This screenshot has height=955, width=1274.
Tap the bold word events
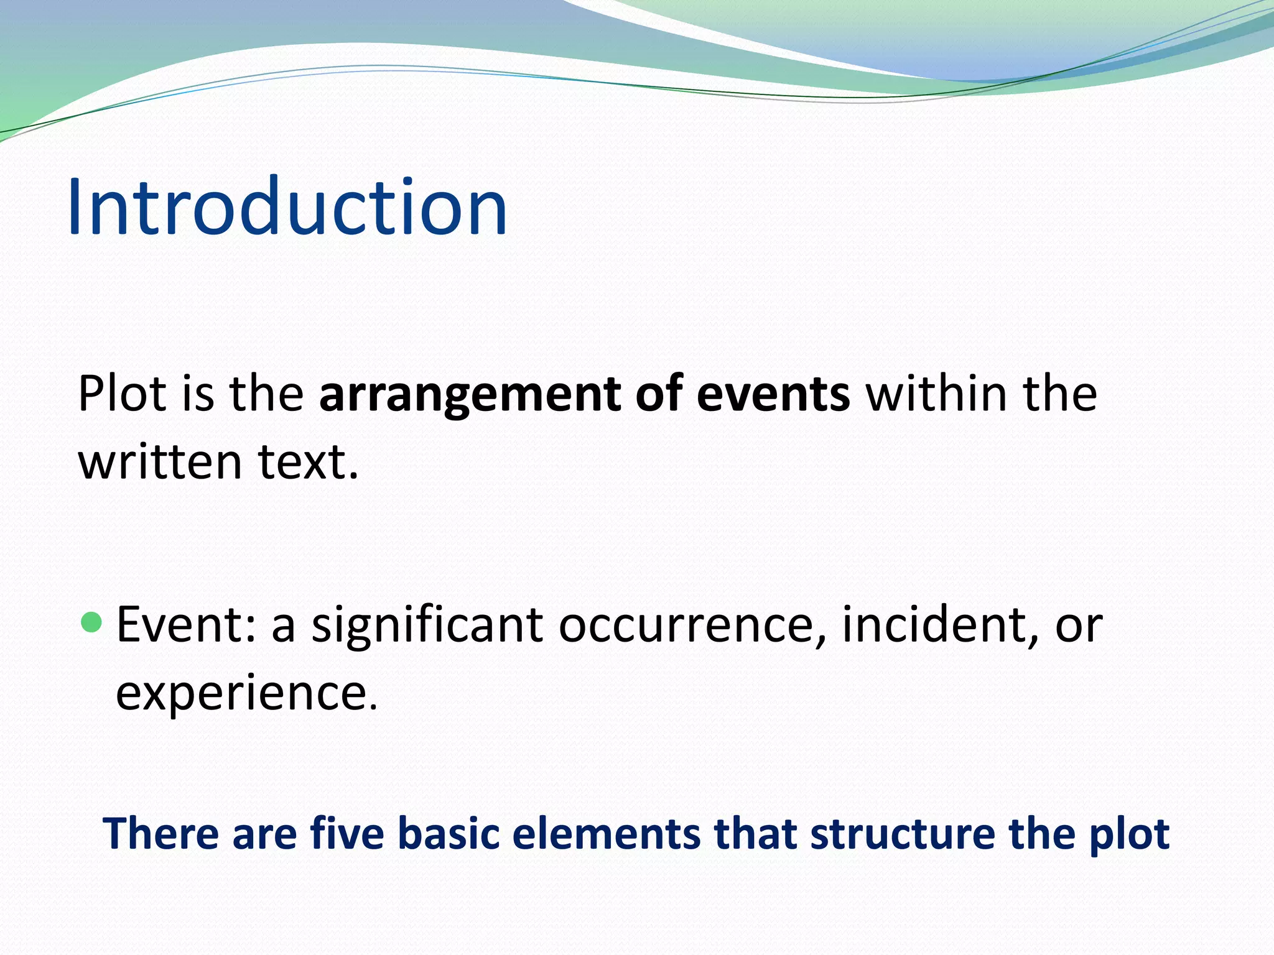pyautogui.click(x=773, y=394)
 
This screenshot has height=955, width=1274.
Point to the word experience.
pyautogui.click(x=246, y=693)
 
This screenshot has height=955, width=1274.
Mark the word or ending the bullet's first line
pyautogui.click(x=1079, y=625)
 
